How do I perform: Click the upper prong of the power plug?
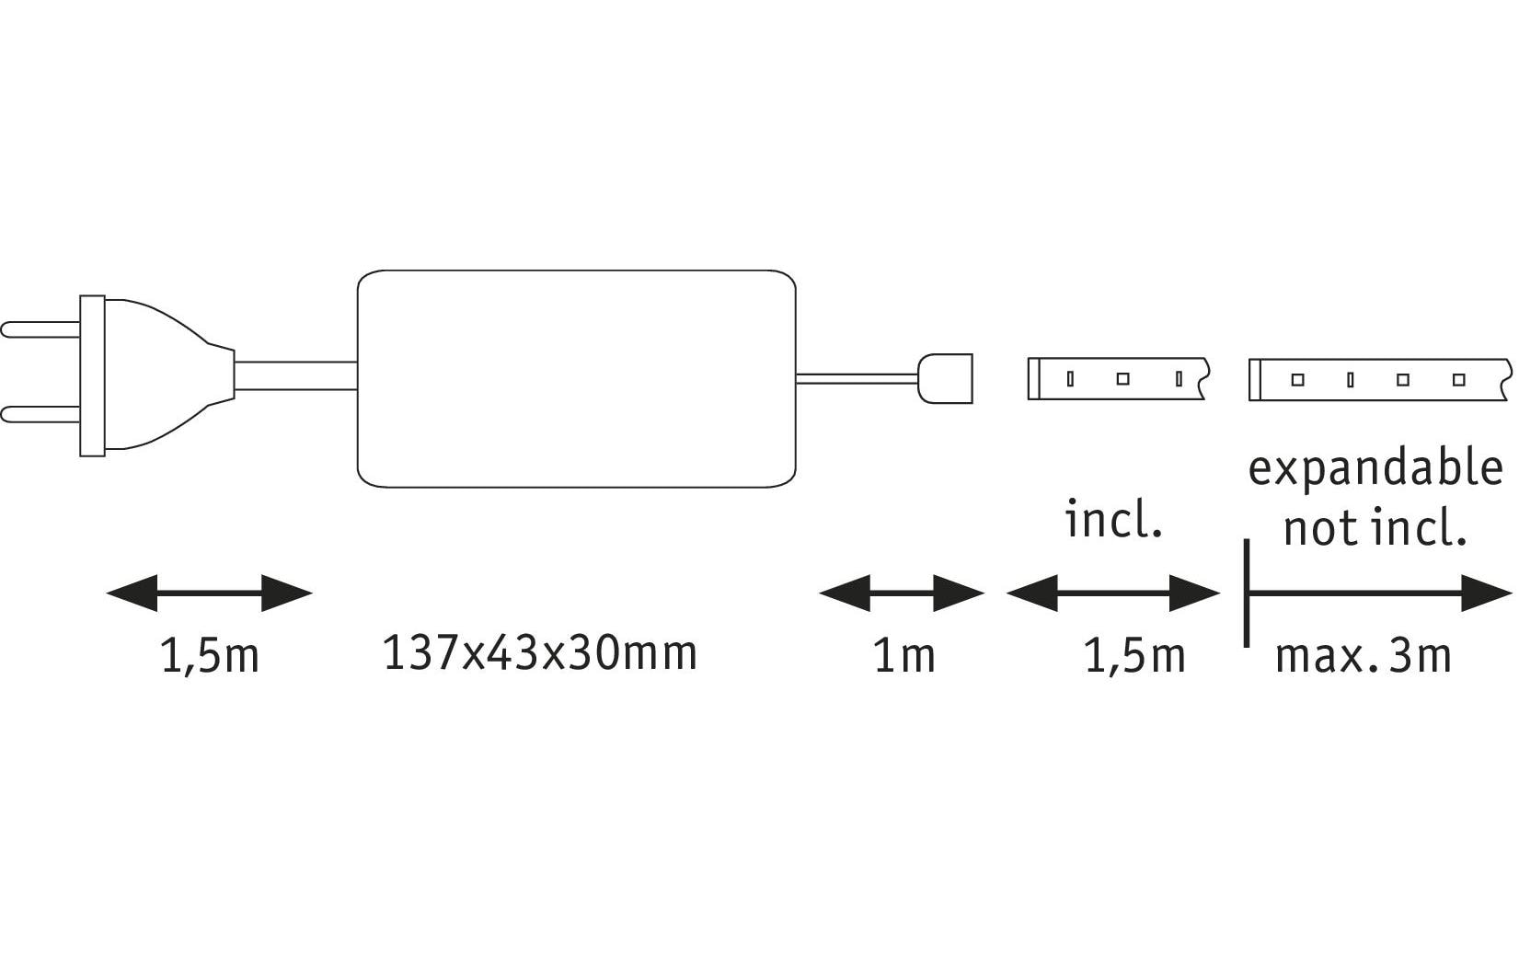point(40,329)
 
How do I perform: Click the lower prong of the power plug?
point(40,414)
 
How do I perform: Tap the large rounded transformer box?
point(576,378)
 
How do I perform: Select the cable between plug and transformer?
point(295,375)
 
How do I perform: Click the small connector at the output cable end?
point(945,378)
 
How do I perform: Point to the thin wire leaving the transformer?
point(857,378)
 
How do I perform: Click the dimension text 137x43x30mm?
point(540,653)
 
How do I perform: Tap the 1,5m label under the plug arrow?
point(210,656)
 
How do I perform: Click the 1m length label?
point(904,656)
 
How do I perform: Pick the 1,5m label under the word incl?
point(1135,656)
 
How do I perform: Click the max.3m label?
point(1363,656)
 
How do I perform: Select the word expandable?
point(1375,470)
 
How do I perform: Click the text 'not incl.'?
point(1375,529)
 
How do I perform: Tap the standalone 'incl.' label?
point(1113,519)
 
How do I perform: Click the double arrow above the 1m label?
point(902,593)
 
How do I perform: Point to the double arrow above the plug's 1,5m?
point(210,593)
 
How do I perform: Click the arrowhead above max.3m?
point(1487,593)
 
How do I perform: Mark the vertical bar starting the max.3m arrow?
point(1247,593)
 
